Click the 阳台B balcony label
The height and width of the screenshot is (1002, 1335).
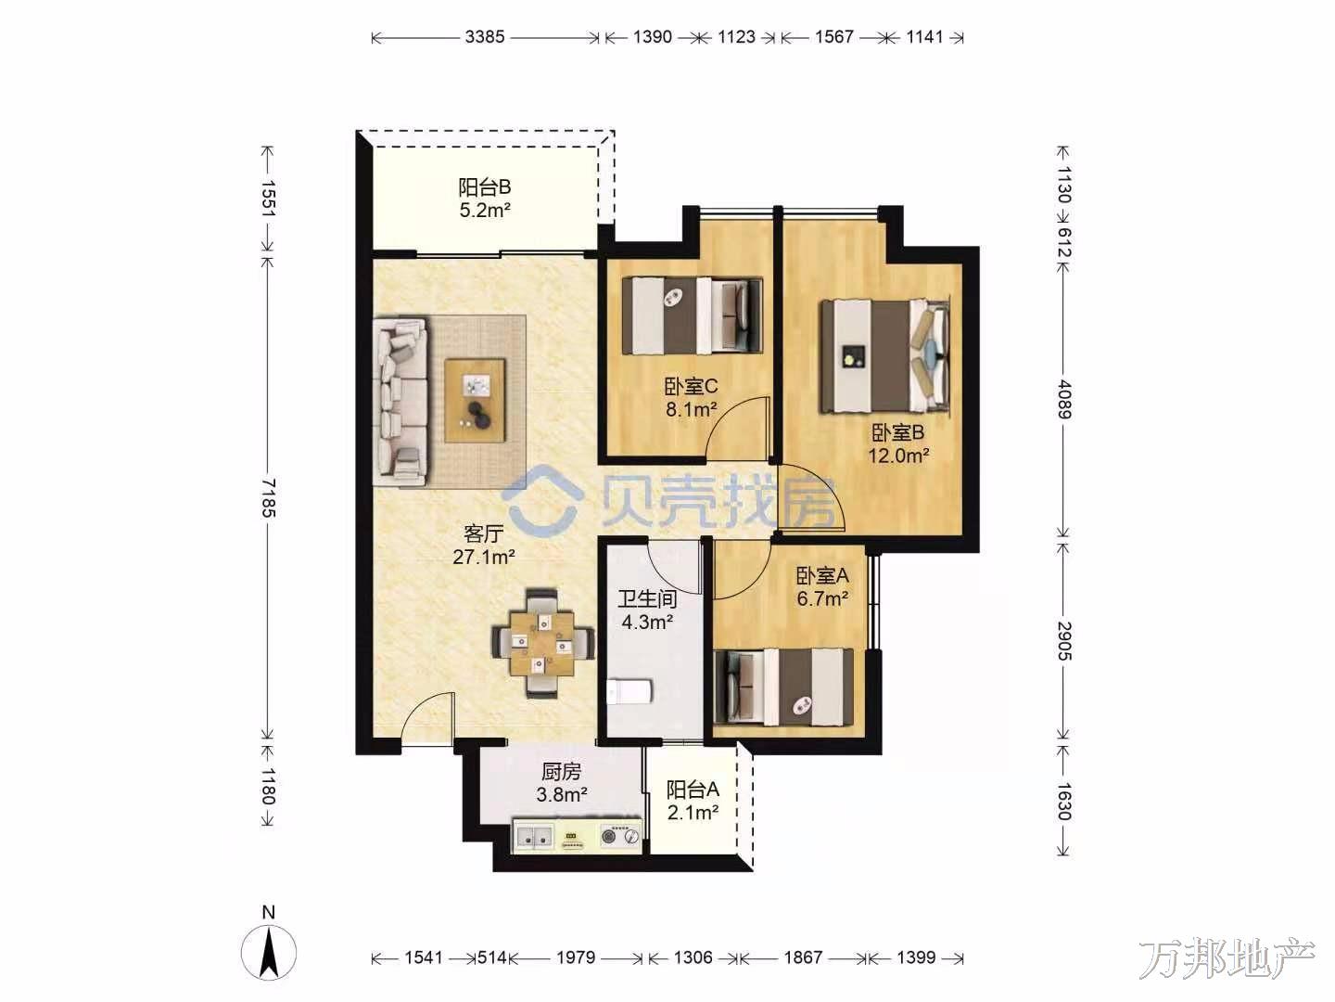pos(484,186)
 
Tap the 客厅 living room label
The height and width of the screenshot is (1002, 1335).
pos(484,533)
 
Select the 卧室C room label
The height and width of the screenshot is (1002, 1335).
pos(691,386)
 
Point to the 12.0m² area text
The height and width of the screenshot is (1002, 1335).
pos(898,456)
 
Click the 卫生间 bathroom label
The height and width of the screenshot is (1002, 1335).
pos(647,598)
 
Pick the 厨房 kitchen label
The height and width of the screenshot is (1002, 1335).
pos(561,771)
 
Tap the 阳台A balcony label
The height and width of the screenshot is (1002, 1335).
pos(693,790)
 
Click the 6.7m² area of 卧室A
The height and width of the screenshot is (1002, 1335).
pos(822,598)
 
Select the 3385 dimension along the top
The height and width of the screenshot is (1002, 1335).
pos(485,37)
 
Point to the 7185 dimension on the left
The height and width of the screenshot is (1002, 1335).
pos(268,497)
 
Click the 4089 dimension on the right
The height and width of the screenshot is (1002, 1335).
pos(1063,399)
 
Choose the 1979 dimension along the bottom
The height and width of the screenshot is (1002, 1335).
pos(576,957)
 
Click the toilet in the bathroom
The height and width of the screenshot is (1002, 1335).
pos(629,692)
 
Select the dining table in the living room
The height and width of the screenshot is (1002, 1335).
pos(542,643)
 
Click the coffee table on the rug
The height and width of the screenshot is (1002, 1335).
pos(475,400)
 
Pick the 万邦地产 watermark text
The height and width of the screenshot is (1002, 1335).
pos(1227,959)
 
